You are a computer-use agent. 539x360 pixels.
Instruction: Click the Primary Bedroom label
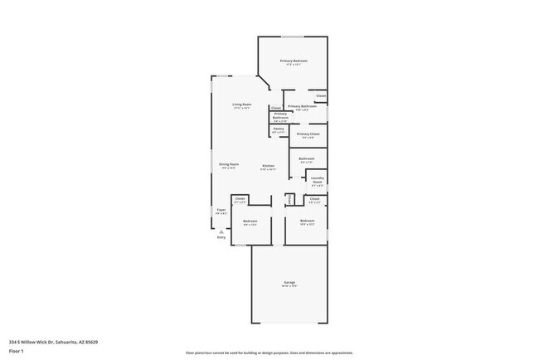pyautogui.click(x=294, y=61)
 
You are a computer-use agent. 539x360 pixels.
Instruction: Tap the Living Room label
pyautogui.click(x=241, y=104)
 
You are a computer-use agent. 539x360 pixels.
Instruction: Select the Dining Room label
pyautogui.click(x=229, y=164)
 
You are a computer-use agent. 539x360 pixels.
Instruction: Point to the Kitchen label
pyautogui.click(x=269, y=166)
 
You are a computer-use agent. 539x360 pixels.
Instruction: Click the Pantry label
pyautogui.click(x=279, y=129)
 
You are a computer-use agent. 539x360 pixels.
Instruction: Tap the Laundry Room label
pyautogui.click(x=317, y=179)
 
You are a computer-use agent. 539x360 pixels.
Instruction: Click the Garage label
pyautogui.click(x=289, y=283)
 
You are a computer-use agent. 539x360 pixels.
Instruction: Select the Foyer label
pyautogui.click(x=221, y=210)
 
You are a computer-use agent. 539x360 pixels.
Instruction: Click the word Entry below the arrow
pyautogui.click(x=221, y=238)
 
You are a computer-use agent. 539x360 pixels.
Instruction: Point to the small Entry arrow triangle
pyautogui.click(x=221, y=231)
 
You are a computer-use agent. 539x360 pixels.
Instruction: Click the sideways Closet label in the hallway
pyautogui.click(x=289, y=199)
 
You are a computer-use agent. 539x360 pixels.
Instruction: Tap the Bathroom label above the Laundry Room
pyautogui.click(x=306, y=158)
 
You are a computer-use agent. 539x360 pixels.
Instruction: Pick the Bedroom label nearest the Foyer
pyautogui.click(x=250, y=221)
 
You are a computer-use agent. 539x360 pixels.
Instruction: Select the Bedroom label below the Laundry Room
pyautogui.click(x=307, y=220)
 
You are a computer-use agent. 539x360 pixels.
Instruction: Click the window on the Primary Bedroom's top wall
pyautogui.click(x=292, y=36)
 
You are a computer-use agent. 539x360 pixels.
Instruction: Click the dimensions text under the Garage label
pyautogui.click(x=289, y=287)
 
